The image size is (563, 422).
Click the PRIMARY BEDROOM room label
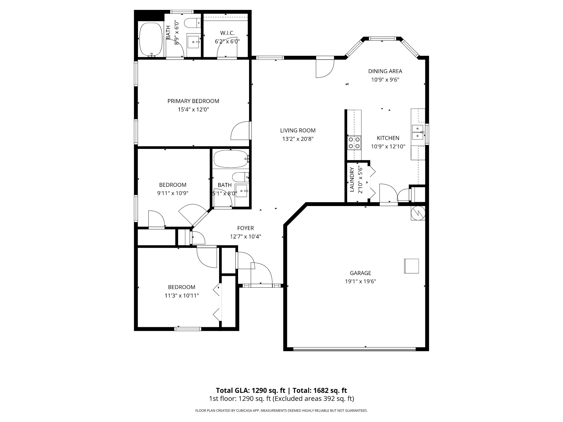(x=193, y=101)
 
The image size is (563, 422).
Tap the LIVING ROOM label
(x=298, y=131)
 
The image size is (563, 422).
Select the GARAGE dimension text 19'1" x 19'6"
(x=360, y=281)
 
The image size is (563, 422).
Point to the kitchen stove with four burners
(x=354, y=143)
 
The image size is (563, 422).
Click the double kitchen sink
(x=418, y=132)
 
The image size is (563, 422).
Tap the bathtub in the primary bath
(x=151, y=40)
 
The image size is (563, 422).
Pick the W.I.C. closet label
(x=227, y=33)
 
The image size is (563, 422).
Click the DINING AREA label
(x=385, y=71)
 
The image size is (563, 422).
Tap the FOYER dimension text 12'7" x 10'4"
(x=245, y=236)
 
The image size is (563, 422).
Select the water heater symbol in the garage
(x=418, y=213)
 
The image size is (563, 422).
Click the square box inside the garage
(x=412, y=266)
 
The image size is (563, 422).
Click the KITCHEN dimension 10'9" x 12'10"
(x=388, y=146)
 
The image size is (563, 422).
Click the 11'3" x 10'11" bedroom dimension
(x=182, y=296)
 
